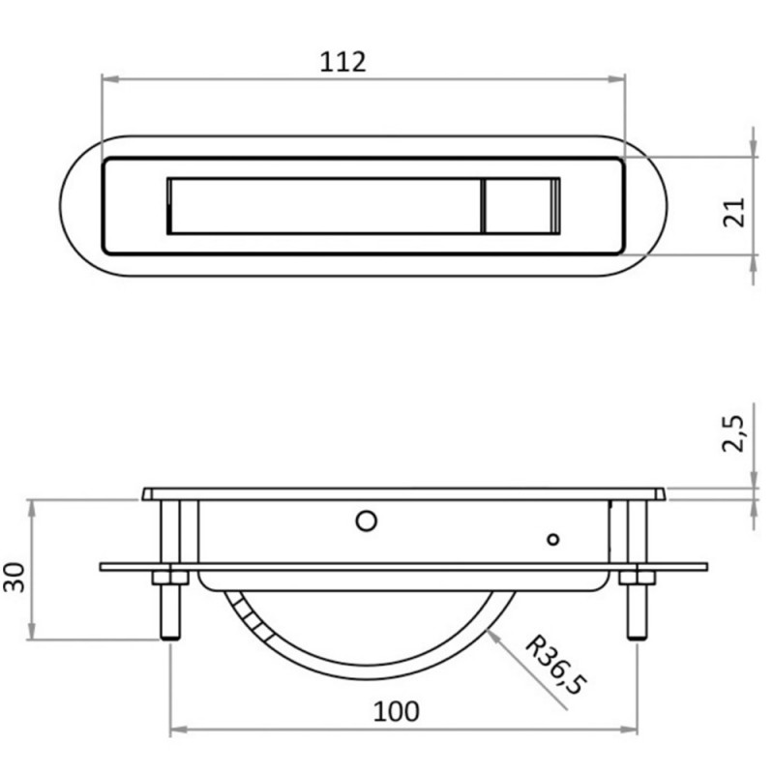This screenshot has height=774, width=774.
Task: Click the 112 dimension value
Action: pyautogui.click(x=343, y=62)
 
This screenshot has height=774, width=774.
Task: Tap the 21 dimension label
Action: pyautogui.click(x=733, y=212)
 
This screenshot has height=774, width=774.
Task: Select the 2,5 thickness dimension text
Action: pyautogui.click(x=732, y=433)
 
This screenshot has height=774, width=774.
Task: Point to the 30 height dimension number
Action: pyautogui.click(x=14, y=577)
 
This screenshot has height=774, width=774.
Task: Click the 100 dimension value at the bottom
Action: pyautogui.click(x=397, y=711)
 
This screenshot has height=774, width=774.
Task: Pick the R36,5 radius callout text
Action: pyautogui.click(x=556, y=666)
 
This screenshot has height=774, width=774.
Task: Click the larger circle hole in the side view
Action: pyautogui.click(x=367, y=521)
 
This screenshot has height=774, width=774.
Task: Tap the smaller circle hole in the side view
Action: pyautogui.click(x=553, y=540)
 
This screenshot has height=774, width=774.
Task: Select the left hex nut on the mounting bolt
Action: pyautogui.click(x=170, y=578)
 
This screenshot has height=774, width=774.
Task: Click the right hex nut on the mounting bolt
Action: pyautogui.click(x=638, y=578)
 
